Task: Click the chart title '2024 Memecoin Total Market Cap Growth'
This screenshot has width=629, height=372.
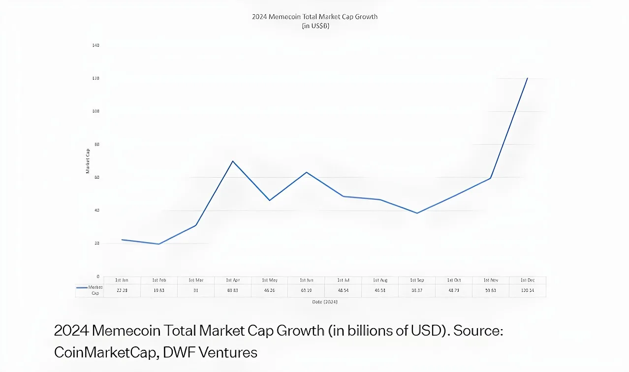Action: [x=314, y=17]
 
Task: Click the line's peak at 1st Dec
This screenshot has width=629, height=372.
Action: [x=528, y=78]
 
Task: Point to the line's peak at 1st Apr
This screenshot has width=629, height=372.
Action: [x=232, y=161]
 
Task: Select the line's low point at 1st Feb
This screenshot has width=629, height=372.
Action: [x=158, y=244]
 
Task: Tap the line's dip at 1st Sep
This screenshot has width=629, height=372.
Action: [x=417, y=213]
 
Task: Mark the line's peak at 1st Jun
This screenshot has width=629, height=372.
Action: [x=307, y=172]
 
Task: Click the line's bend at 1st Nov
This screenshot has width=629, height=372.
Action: [x=491, y=178]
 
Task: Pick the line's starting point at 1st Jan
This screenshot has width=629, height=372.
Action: [x=122, y=240]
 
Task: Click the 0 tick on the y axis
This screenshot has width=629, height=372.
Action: [x=97, y=277]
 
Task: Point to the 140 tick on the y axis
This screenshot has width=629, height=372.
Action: [x=95, y=45]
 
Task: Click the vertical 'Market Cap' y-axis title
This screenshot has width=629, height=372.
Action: [x=88, y=161]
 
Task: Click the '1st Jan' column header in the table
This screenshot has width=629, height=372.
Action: [x=122, y=280]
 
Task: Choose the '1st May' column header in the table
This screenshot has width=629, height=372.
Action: [x=269, y=280]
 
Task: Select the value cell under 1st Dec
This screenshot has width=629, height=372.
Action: [x=527, y=290]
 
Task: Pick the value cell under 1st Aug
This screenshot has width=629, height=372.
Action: [x=380, y=290]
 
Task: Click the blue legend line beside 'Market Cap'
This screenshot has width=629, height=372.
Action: [x=82, y=287]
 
